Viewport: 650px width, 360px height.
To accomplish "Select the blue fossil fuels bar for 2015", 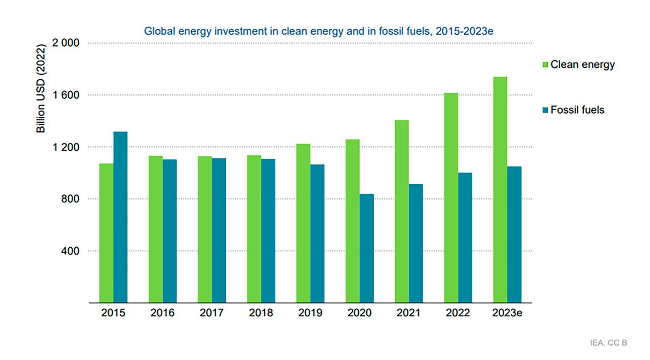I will click(x=121, y=217).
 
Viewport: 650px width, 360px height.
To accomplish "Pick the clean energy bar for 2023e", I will click(x=500, y=190).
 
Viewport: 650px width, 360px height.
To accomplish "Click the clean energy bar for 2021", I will click(x=402, y=211).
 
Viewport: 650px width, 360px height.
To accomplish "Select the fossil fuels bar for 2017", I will click(x=219, y=230).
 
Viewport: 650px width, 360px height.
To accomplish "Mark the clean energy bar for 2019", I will click(x=303, y=223).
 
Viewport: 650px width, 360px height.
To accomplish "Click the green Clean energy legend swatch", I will click(x=545, y=65).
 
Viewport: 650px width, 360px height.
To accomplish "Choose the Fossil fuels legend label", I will click(x=577, y=110).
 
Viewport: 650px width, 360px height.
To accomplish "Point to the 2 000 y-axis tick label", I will click(x=66, y=43).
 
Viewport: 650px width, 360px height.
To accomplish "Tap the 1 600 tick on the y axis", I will click(x=66, y=95).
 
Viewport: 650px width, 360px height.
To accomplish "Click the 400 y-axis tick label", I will click(x=70, y=251).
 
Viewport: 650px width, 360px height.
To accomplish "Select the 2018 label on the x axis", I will click(x=261, y=313).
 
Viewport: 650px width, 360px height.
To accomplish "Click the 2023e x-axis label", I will click(x=507, y=313).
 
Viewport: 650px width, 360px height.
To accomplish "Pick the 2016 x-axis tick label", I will click(x=162, y=313).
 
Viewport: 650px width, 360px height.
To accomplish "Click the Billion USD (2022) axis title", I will click(x=41, y=88).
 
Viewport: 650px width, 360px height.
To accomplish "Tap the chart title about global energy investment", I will click(x=319, y=31).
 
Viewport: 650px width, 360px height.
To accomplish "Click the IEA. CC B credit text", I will click(x=608, y=343).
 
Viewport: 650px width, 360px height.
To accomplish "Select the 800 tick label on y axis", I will click(x=70, y=199).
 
